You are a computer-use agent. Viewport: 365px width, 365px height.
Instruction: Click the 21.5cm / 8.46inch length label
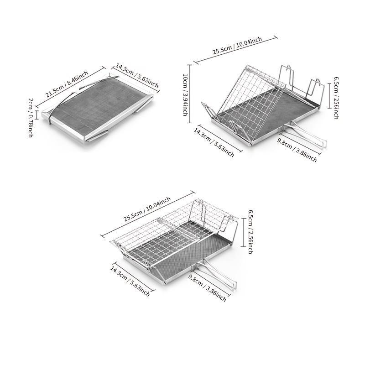(x=67, y=84)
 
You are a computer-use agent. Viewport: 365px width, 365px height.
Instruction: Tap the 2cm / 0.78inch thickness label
(x=31, y=118)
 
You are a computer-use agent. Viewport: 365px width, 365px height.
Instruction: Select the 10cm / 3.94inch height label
(x=185, y=95)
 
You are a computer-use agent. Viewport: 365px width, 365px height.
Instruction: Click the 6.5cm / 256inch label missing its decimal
(x=336, y=98)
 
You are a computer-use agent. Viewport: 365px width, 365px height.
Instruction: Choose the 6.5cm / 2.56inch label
(x=250, y=232)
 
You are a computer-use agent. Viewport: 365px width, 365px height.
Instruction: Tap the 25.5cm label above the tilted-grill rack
(x=237, y=46)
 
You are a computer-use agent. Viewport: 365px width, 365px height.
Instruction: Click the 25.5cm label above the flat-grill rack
(x=147, y=209)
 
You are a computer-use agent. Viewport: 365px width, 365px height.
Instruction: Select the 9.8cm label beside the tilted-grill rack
(x=297, y=150)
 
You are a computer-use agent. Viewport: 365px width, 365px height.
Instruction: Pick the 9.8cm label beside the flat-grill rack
(x=207, y=288)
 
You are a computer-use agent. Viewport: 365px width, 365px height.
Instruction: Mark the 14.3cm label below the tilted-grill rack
(x=214, y=142)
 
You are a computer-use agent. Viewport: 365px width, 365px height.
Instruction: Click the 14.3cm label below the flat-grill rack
(x=130, y=281)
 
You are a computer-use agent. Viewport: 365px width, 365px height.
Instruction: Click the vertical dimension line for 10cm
(x=190, y=94)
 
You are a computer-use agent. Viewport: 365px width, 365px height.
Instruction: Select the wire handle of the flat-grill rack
(x=218, y=272)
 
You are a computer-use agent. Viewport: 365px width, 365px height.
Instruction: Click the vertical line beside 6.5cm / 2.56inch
(x=244, y=232)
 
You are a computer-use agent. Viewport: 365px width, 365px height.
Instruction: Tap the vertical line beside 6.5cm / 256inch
(x=329, y=96)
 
